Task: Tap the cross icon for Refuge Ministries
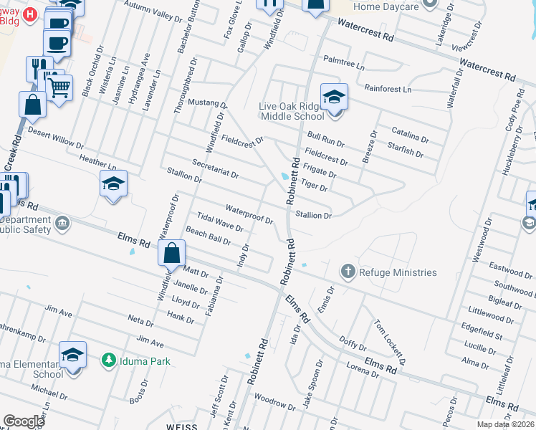tap(348, 271)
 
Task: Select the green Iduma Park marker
tap(109, 360)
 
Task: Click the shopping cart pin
tap(59, 88)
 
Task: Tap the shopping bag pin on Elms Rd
tap(172, 253)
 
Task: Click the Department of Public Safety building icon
tap(62, 223)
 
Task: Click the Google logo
tap(24, 421)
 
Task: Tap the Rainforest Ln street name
tap(388, 90)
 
